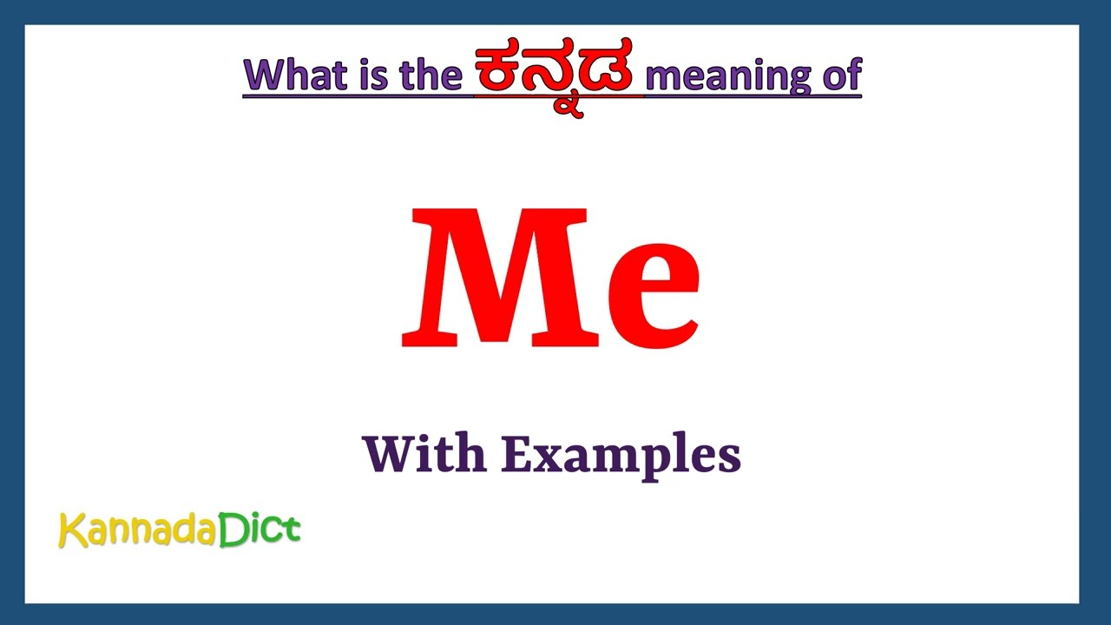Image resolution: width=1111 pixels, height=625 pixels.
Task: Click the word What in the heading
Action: (x=296, y=75)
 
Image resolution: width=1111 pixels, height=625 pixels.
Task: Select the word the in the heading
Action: (x=430, y=75)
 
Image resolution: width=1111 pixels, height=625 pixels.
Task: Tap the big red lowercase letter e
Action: (x=653, y=290)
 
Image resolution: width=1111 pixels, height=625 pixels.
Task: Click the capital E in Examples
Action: (x=516, y=453)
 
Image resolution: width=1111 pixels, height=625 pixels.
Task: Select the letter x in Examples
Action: (x=549, y=457)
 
